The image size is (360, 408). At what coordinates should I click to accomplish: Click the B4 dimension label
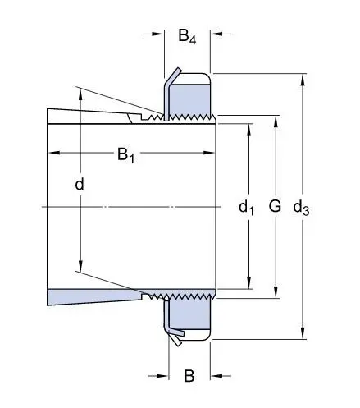[x=187, y=36]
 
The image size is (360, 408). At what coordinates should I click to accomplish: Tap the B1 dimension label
[x=125, y=155]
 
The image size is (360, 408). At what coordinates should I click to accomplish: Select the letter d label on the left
[x=80, y=184]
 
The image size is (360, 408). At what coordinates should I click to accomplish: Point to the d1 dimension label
[x=246, y=208]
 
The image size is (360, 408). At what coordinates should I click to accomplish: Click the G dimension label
[x=275, y=206]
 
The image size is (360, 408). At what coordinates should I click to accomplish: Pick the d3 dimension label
[x=301, y=208]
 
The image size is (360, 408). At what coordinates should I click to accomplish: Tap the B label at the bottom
[x=189, y=376]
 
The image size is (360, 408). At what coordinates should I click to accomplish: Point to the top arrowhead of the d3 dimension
[x=303, y=80]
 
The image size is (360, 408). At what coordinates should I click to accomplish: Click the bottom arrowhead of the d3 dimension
[x=303, y=332]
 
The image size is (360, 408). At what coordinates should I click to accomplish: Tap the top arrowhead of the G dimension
[x=276, y=121]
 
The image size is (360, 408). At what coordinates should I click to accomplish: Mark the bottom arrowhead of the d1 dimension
[x=248, y=282]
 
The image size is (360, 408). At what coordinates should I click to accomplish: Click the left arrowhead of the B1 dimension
[x=54, y=153]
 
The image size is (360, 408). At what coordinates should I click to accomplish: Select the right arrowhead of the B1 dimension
[x=209, y=153]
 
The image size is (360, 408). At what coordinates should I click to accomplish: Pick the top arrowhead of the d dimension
[x=80, y=94]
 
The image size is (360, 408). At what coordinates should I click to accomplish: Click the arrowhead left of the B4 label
[x=157, y=34]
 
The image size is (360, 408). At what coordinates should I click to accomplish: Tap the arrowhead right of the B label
[x=217, y=376]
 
